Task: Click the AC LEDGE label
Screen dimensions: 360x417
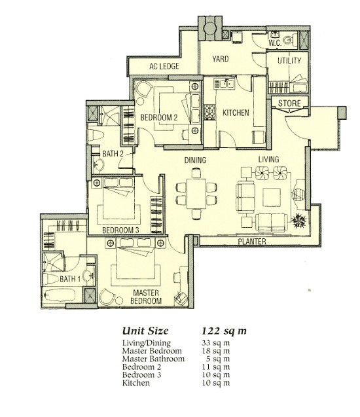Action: [x=164, y=66]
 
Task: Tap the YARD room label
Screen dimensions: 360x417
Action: [x=221, y=59]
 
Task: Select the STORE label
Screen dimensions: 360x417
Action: [x=289, y=103]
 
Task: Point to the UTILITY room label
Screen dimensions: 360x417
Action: [x=289, y=61]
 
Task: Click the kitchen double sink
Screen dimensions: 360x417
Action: [x=224, y=84]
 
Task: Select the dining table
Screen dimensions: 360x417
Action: [x=196, y=194]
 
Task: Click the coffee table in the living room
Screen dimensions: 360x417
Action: [x=272, y=197]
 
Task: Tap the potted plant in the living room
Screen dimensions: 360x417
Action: [x=299, y=221]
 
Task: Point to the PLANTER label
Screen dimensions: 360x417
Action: [x=252, y=242]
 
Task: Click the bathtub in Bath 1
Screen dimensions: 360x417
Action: [x=59, y=296]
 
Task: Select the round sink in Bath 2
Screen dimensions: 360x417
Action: [x=99, y=164]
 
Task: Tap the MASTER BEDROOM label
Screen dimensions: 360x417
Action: [x=146, y=297]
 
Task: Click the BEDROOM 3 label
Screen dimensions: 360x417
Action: [x=120, y=230]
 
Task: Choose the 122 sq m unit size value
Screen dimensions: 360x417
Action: [x=224, y=331]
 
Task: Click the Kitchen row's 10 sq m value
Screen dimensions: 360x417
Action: [x=215, y=383]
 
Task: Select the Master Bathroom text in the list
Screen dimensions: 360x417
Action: [x=153, y=359]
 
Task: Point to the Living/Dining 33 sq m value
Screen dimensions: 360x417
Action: [x=215, y=343]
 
